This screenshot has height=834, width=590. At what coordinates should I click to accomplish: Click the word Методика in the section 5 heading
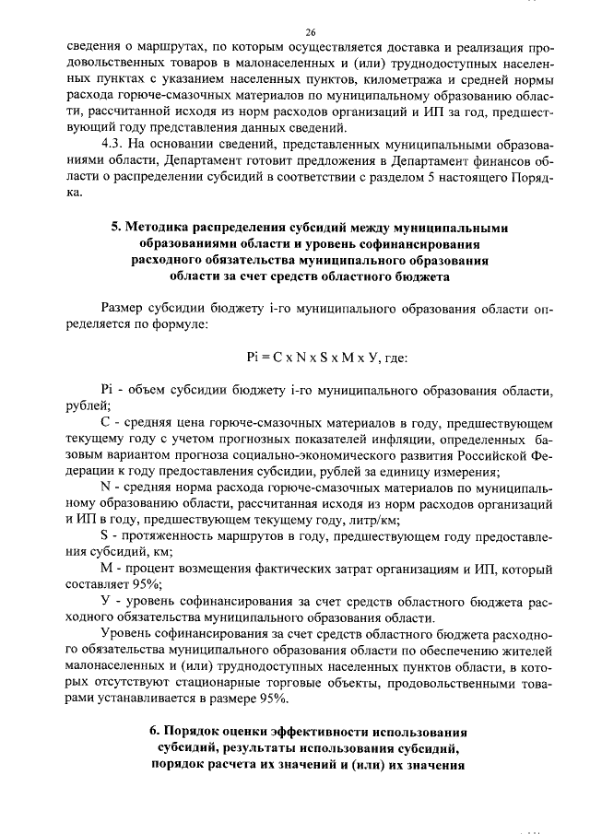coord(168,227)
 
